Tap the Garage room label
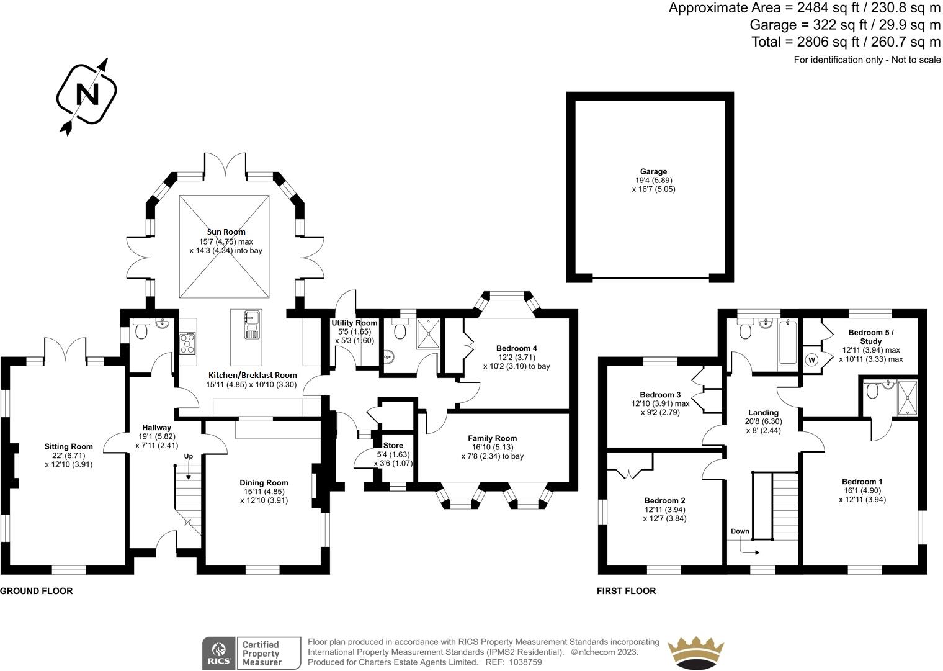(x=653, y=171)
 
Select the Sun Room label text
(x=226, y=232)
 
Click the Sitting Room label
(x=68, y=446)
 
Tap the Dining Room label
(x=264, y=482)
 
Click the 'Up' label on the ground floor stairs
(x=188, y=456)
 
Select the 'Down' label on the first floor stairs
(x=740, y=531)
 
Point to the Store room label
(x=393, y=445)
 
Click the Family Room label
(x=492, y=438)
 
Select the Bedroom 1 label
(x=862, y=481)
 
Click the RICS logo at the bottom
(x=218, y=653)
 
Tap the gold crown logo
(x=695, y=653)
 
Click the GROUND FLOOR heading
(x=37, y=591)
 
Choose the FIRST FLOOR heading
(x=626, y=591)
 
